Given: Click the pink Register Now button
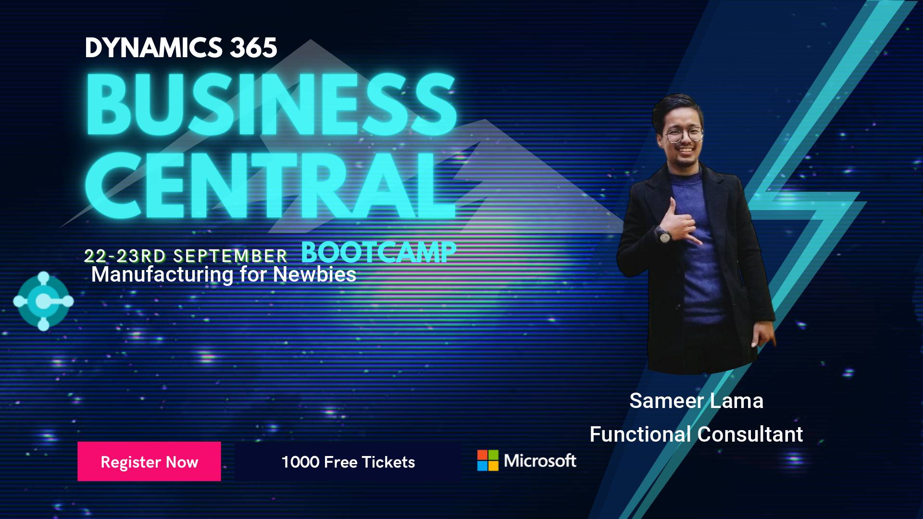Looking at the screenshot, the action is (x=149, y=461).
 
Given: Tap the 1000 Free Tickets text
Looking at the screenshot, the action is (x=348, y=462).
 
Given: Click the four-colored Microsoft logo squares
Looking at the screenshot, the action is (x=487, y=460).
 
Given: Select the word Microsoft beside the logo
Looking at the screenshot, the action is (x=540, y=461).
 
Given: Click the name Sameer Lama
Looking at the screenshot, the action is (x=696, y=401).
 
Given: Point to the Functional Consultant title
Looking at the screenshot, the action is (x=696, y=434).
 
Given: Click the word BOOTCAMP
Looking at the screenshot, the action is (x=379, y=252).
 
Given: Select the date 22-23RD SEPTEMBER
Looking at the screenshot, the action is (x=186, y=256).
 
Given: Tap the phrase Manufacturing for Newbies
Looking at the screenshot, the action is (x=224, y=275).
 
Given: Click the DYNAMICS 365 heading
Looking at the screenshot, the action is (x=181, y=48).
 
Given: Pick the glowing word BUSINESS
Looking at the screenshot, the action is (x=271, y=104).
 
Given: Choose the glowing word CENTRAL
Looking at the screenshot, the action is (x=271, y=185).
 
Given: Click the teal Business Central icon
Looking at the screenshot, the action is (x=43, y=301).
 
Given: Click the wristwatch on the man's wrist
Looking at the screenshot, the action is (x=664, y=235).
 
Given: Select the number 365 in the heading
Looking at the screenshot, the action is (x=253, y=48).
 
